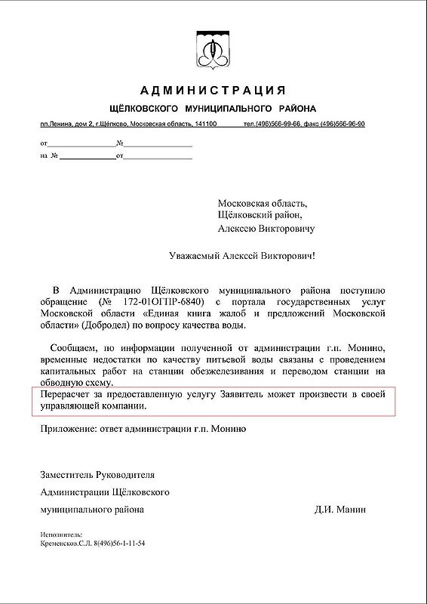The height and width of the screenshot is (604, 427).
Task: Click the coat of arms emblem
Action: point(213,50)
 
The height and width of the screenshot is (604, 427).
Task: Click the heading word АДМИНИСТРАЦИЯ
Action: point(213,92)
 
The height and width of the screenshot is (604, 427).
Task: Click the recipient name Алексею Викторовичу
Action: point(266,228)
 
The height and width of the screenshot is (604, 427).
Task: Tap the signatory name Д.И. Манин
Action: point(340,510)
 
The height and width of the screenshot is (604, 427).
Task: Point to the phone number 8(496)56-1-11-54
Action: point(114,543)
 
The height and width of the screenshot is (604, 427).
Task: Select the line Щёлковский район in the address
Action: point(263,215)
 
